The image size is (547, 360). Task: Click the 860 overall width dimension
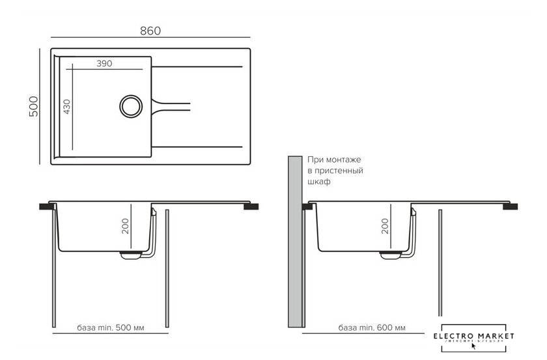pyautogui.click(x=150, y=31)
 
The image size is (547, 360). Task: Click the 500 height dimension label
pyautogui.click(x=34, y=106)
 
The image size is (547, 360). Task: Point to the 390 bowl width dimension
pyautogui.click(x=104, y=64)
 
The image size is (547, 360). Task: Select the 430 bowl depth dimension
pyautogui.click(x=66, y=106)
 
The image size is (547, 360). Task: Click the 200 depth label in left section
pyautogui.click(x=126, y=226)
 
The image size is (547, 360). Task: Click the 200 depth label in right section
pyautogui.click(x=385, y=226)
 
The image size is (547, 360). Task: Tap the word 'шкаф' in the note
pyautogui.click(x=320, y=182)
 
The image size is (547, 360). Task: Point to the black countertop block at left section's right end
pyautogui.click(x=251, y=206)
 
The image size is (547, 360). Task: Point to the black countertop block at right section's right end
pyautogui.click(x=511, y=206)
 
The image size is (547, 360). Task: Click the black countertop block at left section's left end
pyautogui.click(x=46, y=206)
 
